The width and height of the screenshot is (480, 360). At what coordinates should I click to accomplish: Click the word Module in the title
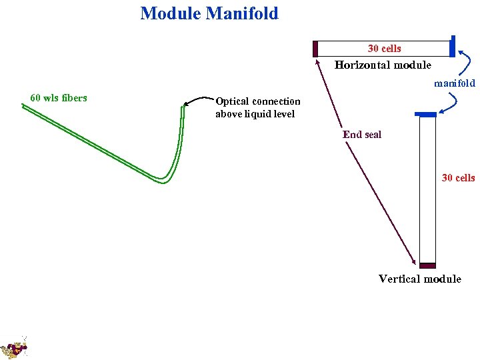click(171, 13)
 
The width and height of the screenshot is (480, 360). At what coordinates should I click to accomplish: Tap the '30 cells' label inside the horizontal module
click(384, 48)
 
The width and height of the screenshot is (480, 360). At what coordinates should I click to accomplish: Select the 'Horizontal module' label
click(383, 65)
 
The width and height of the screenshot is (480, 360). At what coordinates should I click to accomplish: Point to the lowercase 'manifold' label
click(454, 83)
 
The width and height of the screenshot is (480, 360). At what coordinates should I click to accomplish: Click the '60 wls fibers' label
click(59, 98)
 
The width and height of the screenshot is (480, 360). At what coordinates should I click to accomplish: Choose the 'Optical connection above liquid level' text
click(257, 107)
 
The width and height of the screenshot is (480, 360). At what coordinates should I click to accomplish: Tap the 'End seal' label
click(362, 135)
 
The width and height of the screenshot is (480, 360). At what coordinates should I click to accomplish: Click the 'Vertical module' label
click(419, 279)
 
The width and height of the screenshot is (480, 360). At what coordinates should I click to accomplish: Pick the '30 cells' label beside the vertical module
click(458, 177)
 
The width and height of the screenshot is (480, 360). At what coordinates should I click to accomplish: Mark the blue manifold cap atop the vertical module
click(425, 115)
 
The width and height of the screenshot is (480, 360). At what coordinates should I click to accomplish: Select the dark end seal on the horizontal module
click(315, 49)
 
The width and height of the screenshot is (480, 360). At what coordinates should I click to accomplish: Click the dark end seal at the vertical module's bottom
click(427, 265)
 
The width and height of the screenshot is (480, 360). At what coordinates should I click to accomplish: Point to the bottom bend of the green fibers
click(163, 179)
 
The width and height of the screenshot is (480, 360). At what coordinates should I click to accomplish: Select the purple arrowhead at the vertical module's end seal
click(415, 264)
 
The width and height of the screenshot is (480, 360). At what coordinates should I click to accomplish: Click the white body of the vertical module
click(427, 190)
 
